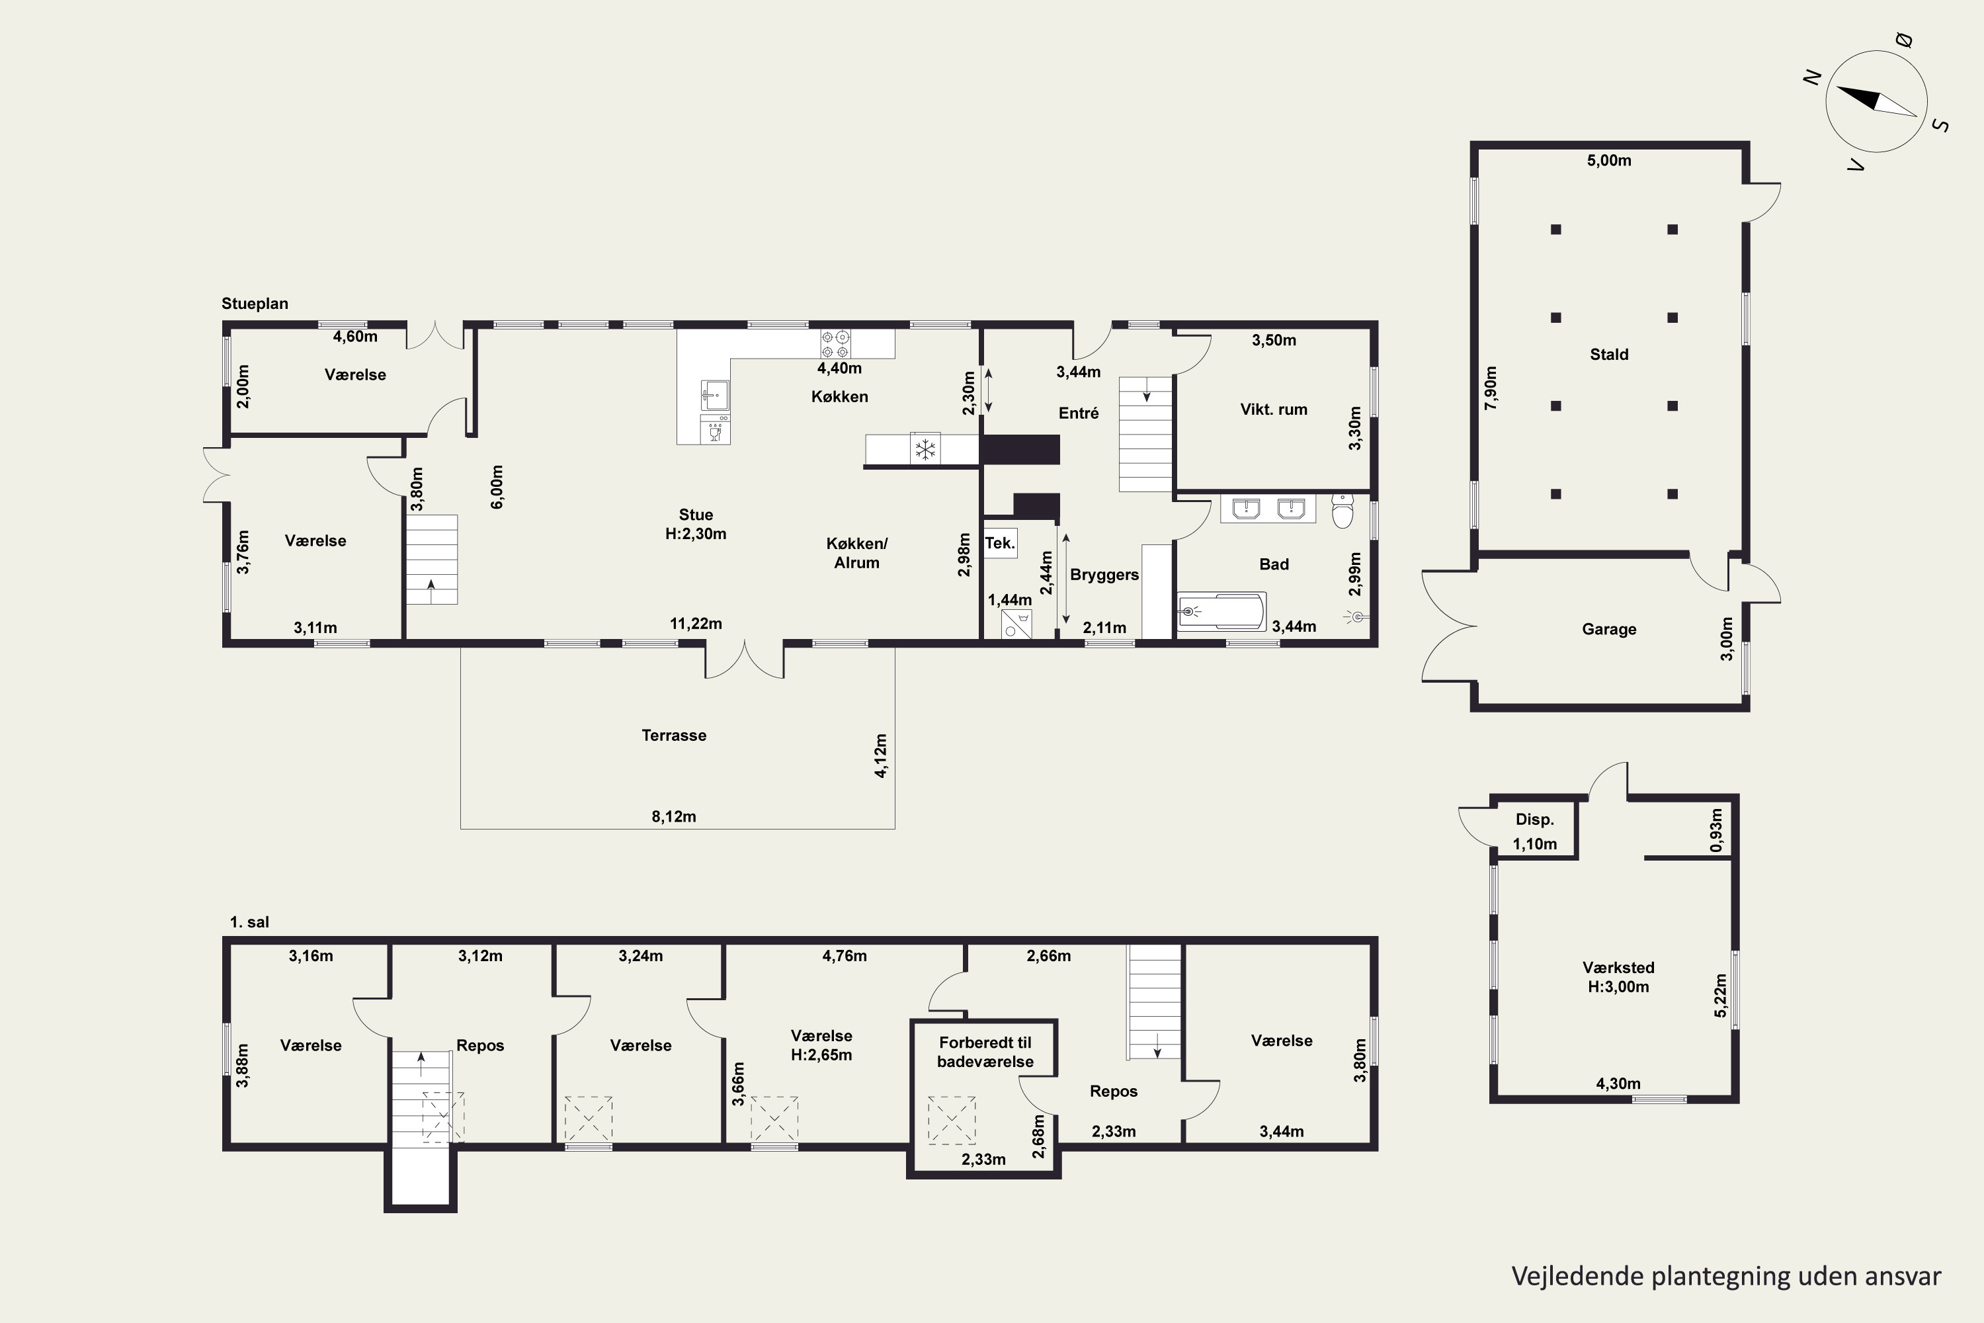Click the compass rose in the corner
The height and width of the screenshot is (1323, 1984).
[x=1876, y=101]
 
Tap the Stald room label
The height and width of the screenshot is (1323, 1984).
[x=1608, y=355]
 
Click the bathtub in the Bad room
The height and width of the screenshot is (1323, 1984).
[x=1221, y=611]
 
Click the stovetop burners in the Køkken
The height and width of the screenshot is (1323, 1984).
[x=835, y=344]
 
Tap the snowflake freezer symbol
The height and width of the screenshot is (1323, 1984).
[x=925, y=449]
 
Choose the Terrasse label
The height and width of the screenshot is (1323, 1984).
[x=674, y=735]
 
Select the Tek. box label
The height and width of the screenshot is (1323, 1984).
[x=999, y=542]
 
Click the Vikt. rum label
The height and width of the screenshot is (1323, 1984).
[x=1274, y=409]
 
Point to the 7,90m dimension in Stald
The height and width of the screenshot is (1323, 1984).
[x=1491, y=388]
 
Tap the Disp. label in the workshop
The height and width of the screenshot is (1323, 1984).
[x=1534, y=820]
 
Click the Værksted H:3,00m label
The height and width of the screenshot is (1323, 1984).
[x=1618, y=977]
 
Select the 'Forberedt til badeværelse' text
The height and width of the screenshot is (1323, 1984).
[x=985, y=1052]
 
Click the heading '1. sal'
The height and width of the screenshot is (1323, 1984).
[x=250, y=922]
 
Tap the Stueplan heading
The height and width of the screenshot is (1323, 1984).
[x=255, y=304]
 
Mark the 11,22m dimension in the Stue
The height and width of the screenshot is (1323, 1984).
[x=696, y=624]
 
